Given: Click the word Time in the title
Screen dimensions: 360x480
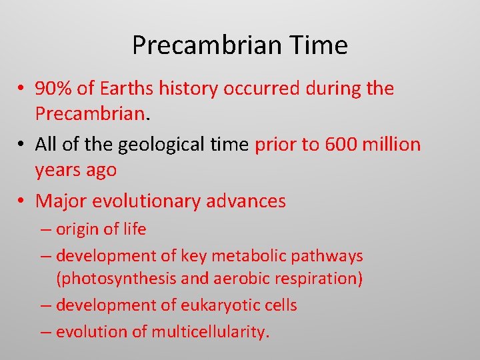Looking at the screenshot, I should point(319,45).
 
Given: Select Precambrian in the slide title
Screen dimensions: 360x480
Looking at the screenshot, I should point(208,45).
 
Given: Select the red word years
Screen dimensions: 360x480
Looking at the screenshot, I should point(58,170).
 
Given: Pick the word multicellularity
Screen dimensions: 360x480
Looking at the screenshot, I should point(210,332).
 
